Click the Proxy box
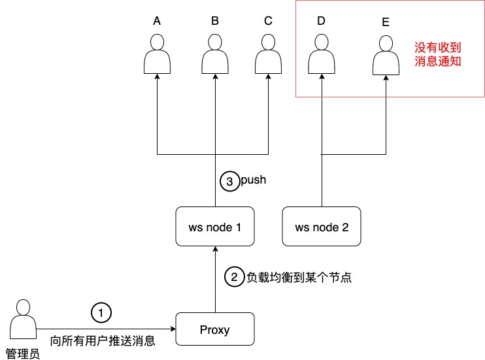pyautogui.click(x=215, y=329)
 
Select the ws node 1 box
pyautogui.click(x=215, y=227)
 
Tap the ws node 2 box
pyautogui.click(x=322, y=227)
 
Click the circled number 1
pyautogui.click(x=101, y=313)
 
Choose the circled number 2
pyautogui.click(x=234, y=277)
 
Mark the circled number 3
pyautogui.click(x=229, y=182)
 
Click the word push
pyautogui.click(x=254, y=180)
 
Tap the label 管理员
pyautogui.click(x=23, y=353)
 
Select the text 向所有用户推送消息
pyautogui.click(x=103, y=340)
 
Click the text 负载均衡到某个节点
pyautogui.click(x=299, y=277)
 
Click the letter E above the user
pyautogui.click(x=385, y=22)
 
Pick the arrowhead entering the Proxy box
pyautogui.click(x=172, y=329)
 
